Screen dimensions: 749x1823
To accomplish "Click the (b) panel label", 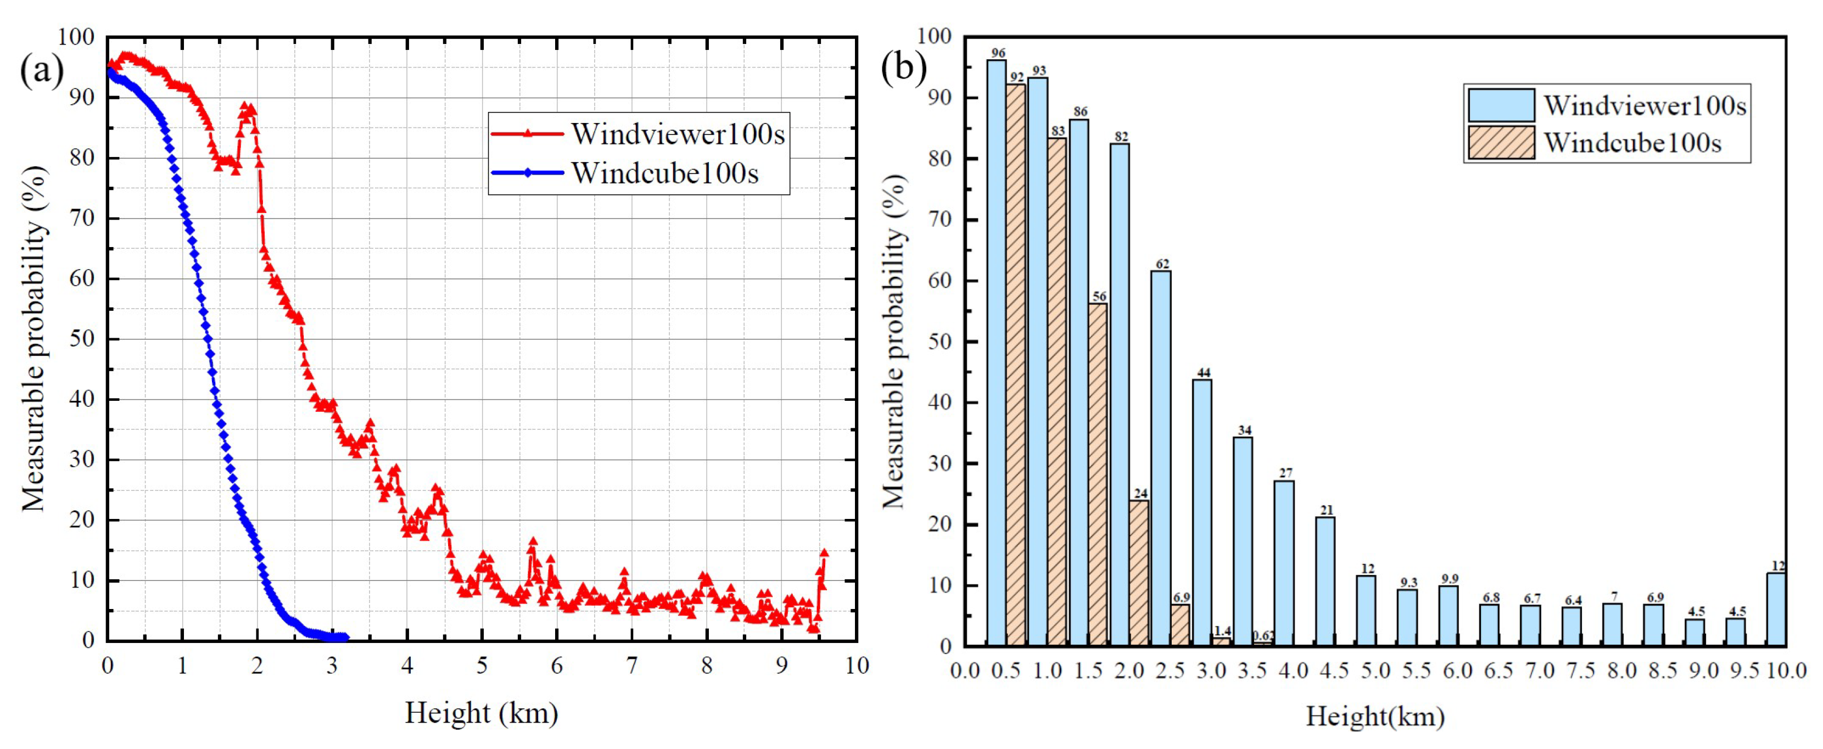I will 904,68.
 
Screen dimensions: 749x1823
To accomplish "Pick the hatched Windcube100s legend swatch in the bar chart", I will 1501,143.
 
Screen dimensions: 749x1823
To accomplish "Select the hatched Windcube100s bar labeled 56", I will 1098,474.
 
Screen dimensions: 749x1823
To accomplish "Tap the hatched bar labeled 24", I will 1139,573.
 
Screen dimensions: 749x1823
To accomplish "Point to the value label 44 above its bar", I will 1203,372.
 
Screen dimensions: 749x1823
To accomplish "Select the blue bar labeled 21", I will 1325,581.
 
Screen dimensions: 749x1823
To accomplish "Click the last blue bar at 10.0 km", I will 1776,610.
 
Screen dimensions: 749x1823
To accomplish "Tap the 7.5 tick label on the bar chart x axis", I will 1580,670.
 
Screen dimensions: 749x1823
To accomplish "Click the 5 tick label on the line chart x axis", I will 482,666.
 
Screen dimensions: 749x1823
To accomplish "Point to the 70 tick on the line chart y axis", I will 83,218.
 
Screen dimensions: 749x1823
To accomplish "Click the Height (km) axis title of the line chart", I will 481,713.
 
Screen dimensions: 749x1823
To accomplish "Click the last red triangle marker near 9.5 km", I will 824,554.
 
